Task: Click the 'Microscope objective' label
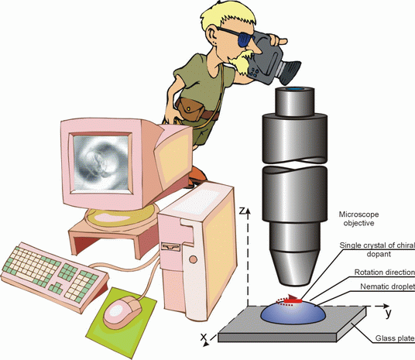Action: pyautogui.click(x=358, y=218)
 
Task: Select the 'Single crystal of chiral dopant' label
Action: pyautogui.click(x=377, y=249)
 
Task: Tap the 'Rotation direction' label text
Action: pyautogui.click(x=385, y=272)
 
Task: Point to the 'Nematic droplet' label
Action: pyautogui.click(x=387, y=286)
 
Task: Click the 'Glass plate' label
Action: pyautogui.click(x=395, y=338)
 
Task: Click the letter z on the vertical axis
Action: pyautogui.click(x=241, y=211)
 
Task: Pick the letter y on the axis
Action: pyautogui.click(x=388, y=313)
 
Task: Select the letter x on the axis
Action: pyautogui.click(x=204, y=337)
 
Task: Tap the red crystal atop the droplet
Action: pyautogui.click(x=293, y=301)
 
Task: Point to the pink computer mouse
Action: pyautogui.click(x=122, y=312)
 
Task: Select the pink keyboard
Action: pyautogui.click(x=54, y=276)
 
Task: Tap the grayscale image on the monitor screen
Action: pyautogui.click(x=101, y=163)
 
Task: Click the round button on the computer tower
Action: pyautogui.click(x=194, y=259)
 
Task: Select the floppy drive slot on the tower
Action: pyautogui.click(x=171, y=248)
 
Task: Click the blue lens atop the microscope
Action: pyautogui.click(x=294, y=89)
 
